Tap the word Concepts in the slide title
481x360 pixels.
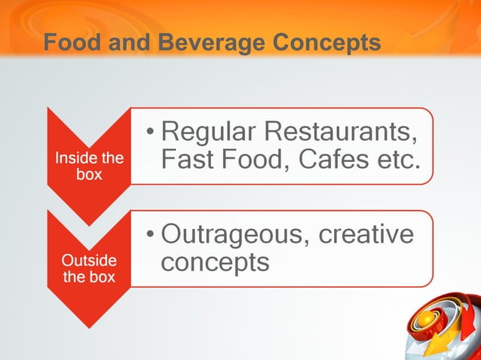pyautogui.click(x=326, y=44)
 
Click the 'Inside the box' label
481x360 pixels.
pyautogui.click(x=89, y=166)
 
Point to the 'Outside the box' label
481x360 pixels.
pyautogui.click(x=89, y=269)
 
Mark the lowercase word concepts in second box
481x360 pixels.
pyautogui.click(x=215, y=262)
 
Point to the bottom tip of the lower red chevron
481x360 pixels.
pyautogui.click(x=89, y=328)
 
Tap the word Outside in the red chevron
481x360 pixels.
pyautogui.click(x=89, y=261)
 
